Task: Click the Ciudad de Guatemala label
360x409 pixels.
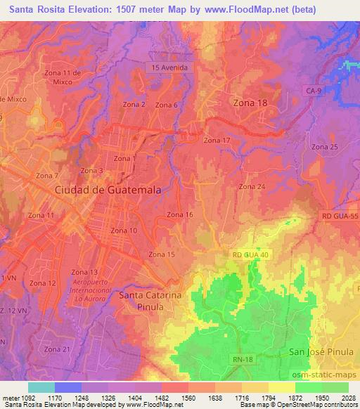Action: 109,190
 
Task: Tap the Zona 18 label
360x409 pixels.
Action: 250,103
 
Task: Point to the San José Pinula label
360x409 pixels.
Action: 321,350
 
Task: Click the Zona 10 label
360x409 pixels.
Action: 124,231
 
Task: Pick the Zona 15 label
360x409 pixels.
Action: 162,254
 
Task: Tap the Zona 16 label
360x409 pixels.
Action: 179,214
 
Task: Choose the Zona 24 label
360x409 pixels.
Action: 251,186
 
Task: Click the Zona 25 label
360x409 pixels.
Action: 325,146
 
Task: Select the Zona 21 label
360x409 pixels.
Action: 57,349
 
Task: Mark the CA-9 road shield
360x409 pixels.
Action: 313,91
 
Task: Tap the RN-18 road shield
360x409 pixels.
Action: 242,360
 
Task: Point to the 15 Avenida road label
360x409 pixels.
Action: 169,67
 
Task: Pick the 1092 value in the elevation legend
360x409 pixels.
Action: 22,398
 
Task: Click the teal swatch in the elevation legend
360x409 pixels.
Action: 41,387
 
